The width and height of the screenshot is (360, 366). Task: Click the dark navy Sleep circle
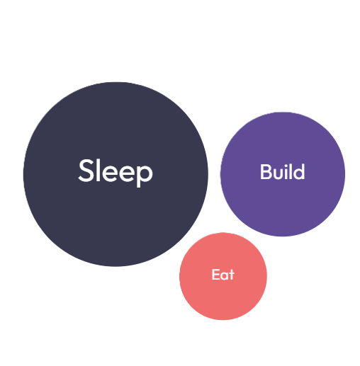point(116,174)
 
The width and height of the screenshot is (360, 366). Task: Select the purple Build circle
point(283,174)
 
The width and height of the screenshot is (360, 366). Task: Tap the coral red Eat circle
point(223,276)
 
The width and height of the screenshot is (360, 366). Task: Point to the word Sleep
point(116,173)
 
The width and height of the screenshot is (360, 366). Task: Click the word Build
point(283,171)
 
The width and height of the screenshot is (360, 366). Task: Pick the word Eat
point(223,275)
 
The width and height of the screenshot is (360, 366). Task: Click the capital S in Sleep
point(86,171)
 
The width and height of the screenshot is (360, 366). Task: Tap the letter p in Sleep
point(145,176)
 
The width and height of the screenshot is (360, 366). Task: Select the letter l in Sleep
point(99,170)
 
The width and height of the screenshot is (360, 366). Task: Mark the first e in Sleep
point(111,173)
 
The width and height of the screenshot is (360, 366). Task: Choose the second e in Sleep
point(128,173)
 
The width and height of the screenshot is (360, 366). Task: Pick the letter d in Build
point(300,172)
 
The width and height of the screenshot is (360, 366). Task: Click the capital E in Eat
point(215,275)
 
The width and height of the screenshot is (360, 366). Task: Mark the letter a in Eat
point(225,276)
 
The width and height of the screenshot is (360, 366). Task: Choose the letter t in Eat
point(232,275)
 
